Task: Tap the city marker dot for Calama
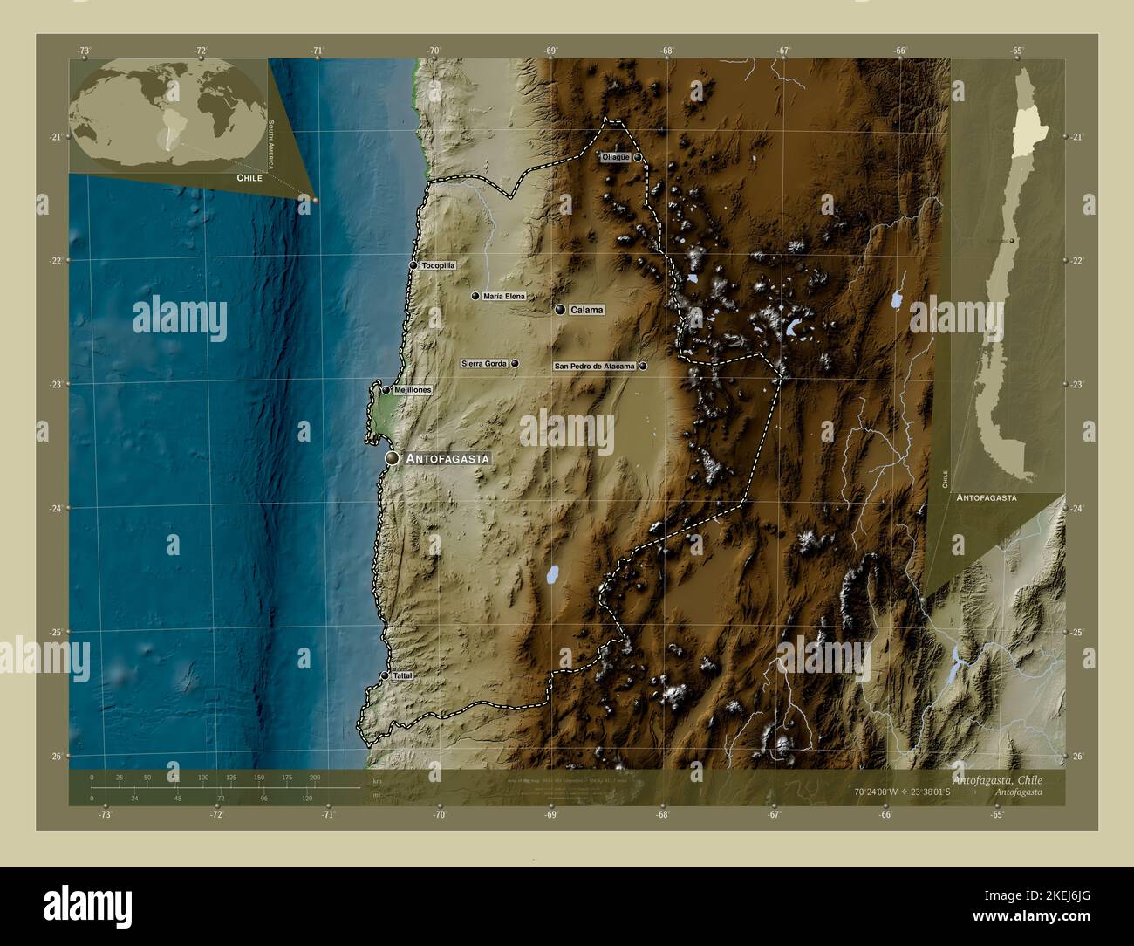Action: (x=559, y=310)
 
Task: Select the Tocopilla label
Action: (x=438, y=265)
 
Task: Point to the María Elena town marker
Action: (x=475, y=296)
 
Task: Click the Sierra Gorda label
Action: (x=484, y=363)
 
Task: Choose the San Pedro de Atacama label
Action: (x=594, y=367)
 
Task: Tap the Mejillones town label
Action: (x=413, y=390)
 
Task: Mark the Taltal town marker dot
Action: (x=385, y=675)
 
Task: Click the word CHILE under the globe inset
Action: (x=249, y=177)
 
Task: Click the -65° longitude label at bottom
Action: (x=997, y=815)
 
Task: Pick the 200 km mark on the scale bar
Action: (x=315, y=777)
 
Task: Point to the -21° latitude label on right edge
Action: (x=1076, y=137)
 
